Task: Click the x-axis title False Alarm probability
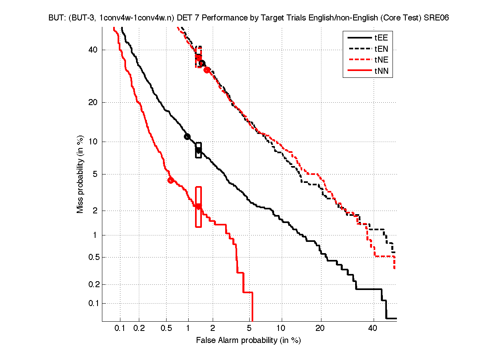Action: pos(248,341)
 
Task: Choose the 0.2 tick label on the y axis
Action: pos(93,285)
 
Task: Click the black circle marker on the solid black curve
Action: pos(187,136)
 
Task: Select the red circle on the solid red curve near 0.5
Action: pos(171,180)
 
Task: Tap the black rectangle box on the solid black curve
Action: pos(198,150)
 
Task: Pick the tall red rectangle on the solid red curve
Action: pos(198,207)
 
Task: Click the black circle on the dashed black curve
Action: pos(202,63)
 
